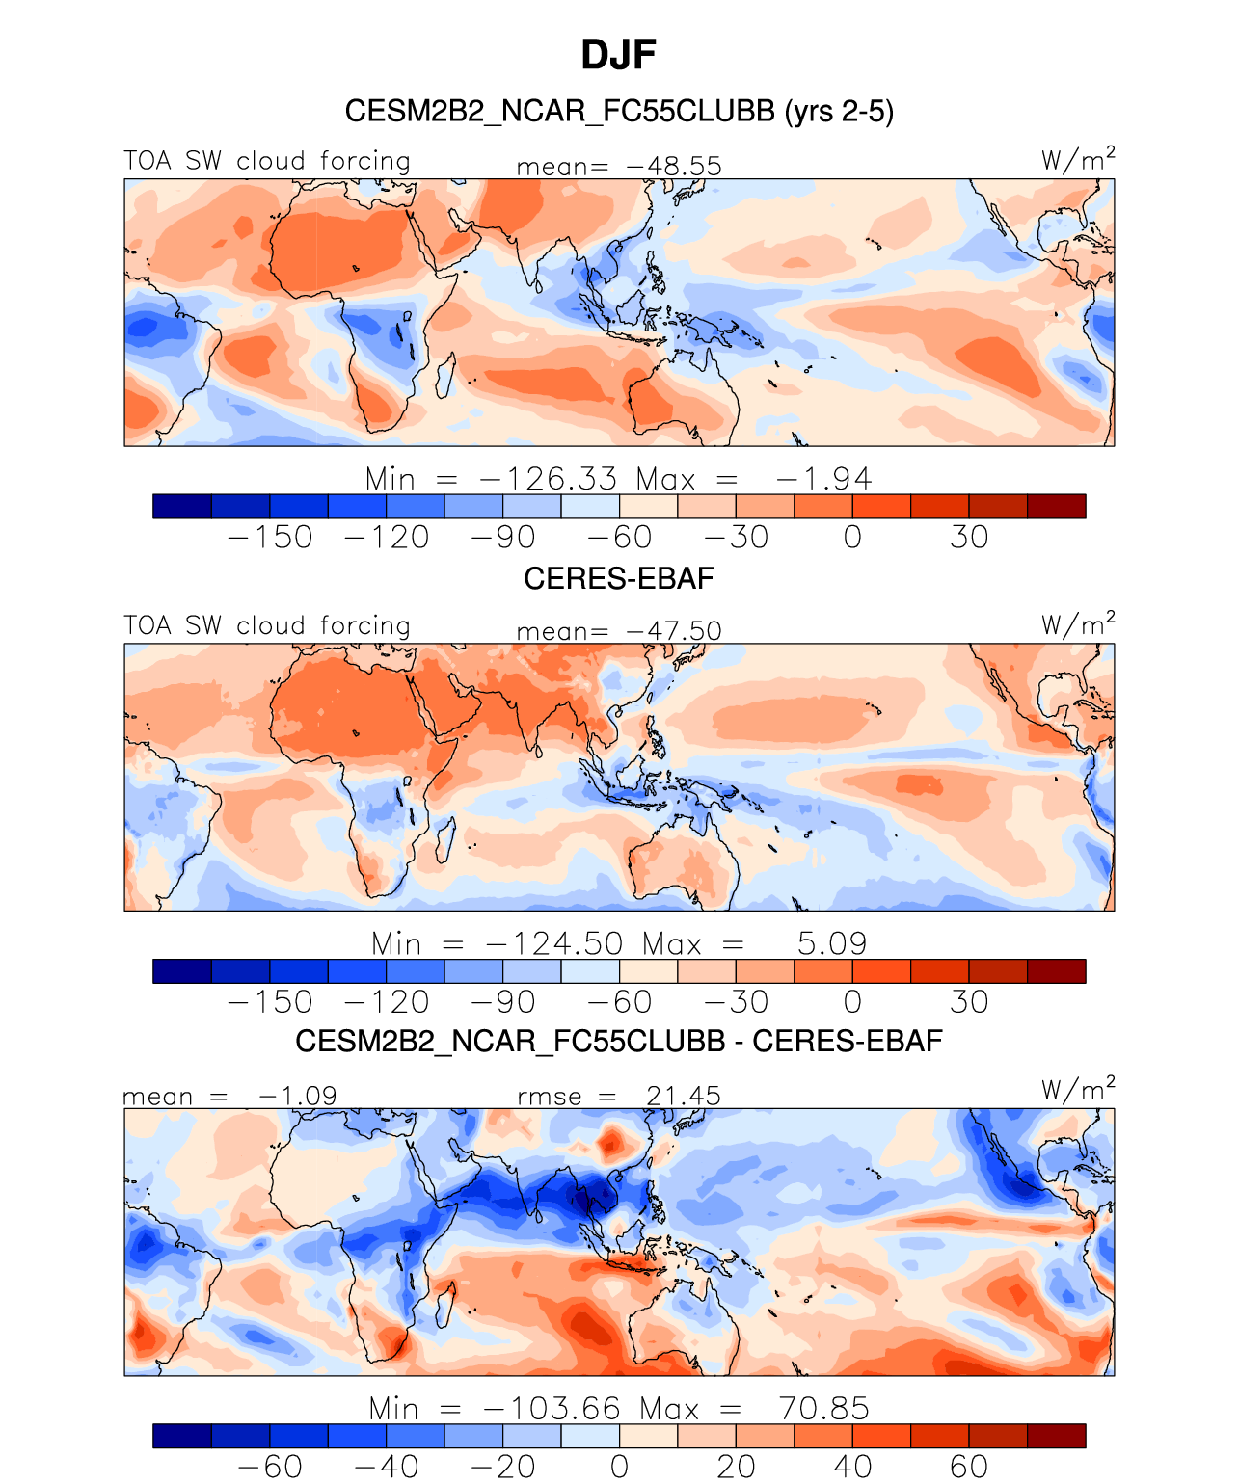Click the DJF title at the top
coord(618,55)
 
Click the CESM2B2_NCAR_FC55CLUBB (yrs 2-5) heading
coord(619,112)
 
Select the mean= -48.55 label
coord(619,166)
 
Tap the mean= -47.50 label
coord(619,631)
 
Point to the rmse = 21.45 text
coord(619,1096)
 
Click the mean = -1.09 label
coord(229,1096)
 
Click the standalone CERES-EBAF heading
coord(619,578)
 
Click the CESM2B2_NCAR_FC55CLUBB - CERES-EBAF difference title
coord(619,1042)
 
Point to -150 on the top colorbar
coord(270,537)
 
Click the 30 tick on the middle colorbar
coord(969,1002)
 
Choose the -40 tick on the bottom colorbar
coord(386,1467)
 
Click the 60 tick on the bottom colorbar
coord(969,1467)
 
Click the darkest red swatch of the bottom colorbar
coord(1057,1436)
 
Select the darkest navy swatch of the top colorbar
coord(182,506)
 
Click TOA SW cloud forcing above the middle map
coord(267,626)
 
